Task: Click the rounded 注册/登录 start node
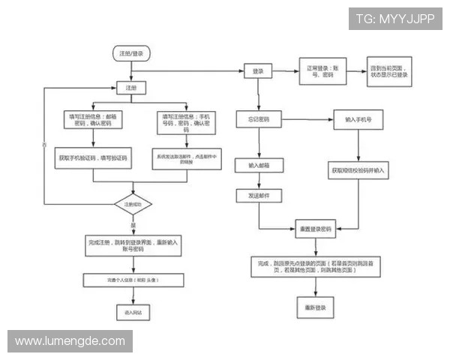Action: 131,53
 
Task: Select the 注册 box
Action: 131,88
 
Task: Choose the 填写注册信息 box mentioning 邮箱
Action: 93,121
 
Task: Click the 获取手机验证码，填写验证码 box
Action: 93,159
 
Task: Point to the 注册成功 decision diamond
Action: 133,204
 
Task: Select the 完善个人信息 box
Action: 133,280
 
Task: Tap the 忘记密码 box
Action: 259,119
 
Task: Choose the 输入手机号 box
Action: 359,119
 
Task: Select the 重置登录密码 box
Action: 320,228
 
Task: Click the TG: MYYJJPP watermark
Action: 394,19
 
